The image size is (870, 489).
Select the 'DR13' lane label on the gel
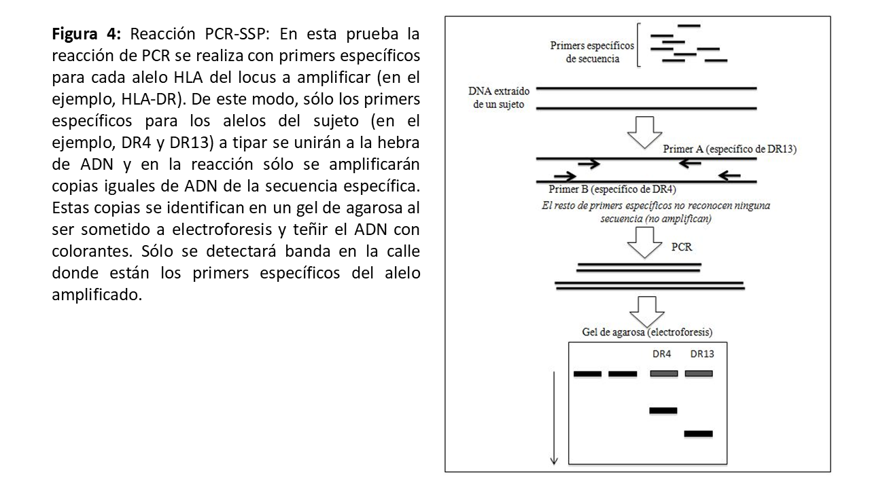click(x=701, y=354)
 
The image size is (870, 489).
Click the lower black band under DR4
click(x=663, y=410)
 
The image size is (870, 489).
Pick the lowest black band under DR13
click(x=698, y=433)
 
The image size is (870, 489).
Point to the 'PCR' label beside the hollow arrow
click(x=681, y=247)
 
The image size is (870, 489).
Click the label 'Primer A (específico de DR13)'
click(x=729, y=149)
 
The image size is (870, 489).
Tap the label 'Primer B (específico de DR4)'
click(x=612, y=189)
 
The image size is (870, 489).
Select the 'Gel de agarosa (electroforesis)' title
click(x=647, y=332)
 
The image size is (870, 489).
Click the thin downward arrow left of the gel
click(x=554, y=418)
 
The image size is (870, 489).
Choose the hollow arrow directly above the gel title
click(x=646, y=310)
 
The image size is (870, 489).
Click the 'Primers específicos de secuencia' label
click(x=592, y=52)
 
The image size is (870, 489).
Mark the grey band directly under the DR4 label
click(x=663, y=374)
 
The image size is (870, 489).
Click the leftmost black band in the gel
click(x=588, y=374)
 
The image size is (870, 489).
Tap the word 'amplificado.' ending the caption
click(x=97, y=296)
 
